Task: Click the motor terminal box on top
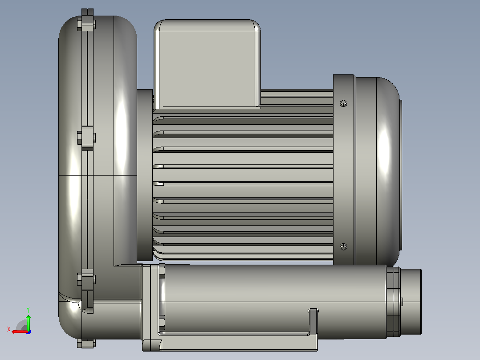(207, 64)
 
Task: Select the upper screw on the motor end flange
(343, 103)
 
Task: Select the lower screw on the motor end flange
(343, 247)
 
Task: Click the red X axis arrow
(20, 332)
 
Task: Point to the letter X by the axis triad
(9, 329)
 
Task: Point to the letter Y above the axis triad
(28, 310)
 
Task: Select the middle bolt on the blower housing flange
(86, 138)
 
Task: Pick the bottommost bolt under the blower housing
(86, 343)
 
